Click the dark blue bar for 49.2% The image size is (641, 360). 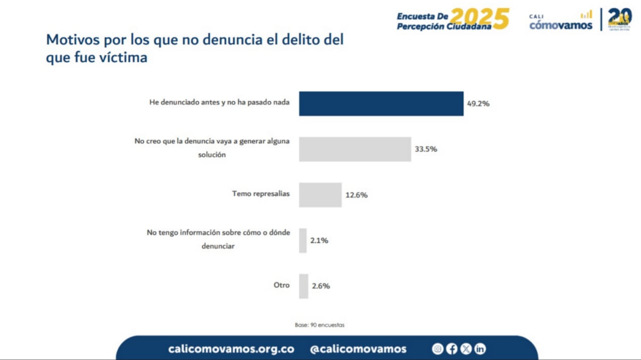coord(381,104)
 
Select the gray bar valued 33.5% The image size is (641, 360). coord(355,149)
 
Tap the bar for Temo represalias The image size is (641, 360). coord(320,195)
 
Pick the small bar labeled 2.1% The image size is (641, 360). coord(302,240)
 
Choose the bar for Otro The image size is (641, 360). coord(303,286)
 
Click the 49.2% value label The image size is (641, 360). coord(478,104)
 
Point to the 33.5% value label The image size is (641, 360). coord(426,149)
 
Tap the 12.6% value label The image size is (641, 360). coord(356,195)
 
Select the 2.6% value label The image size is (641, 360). coord(320,286)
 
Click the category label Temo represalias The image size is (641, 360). coord(261,193)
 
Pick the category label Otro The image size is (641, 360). coord(281,285)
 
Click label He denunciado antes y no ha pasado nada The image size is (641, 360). coord(219,102)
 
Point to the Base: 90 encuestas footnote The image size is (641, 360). coord(319,325)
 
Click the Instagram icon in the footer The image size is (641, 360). coord(438,349)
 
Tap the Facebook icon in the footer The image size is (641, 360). coord(452,349)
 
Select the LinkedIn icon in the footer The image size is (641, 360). coord(480,349)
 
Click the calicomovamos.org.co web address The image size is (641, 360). coord(231,349)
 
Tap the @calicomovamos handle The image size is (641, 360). coord(358,349)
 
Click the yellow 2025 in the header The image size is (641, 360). coord(479,19)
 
